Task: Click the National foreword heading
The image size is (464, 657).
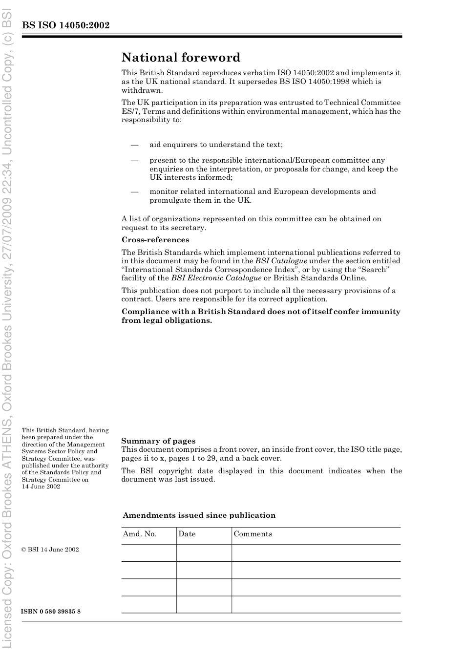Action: [181, 58]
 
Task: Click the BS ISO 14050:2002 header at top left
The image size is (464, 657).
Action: [65, 25]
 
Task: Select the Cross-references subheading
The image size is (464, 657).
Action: [155, 240]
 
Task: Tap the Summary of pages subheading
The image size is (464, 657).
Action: [158, 441]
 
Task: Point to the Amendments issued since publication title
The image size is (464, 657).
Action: [199, 515]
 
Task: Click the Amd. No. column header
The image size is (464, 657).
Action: [140, 534]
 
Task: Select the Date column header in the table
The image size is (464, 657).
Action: [187, 534]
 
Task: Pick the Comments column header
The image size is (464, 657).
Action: [253, 534]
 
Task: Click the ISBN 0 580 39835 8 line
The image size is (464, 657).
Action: [51, 612]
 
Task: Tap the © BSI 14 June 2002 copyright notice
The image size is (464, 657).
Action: [50, 550]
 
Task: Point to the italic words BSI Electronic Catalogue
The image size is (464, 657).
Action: [216, 278]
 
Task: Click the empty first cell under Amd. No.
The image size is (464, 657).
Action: [148, 553]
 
